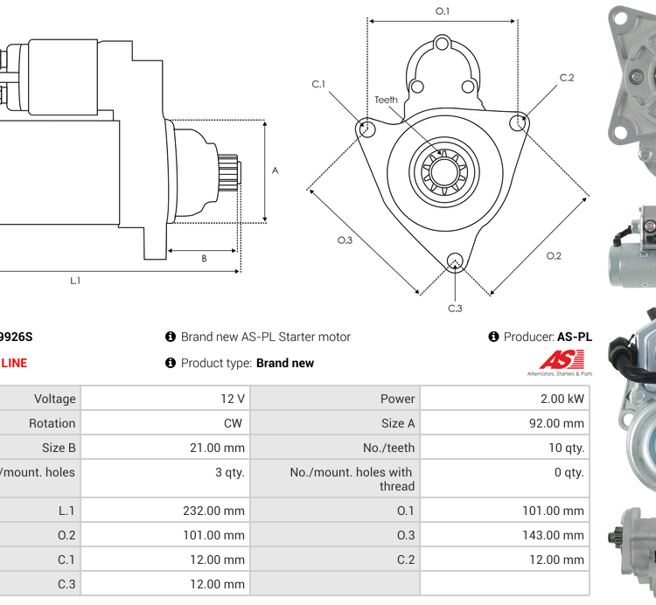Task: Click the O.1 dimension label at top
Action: (x=443, y=11)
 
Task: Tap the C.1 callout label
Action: (x=318, y=84)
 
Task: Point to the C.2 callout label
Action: (x=567, y=78)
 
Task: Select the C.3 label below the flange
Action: (x=455, y=308)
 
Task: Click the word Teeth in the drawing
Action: (x=386, y=100)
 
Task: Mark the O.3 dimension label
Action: (x=345, y=240)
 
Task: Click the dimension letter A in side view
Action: (x=275, y=170)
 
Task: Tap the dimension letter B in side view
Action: (x=204, y=258)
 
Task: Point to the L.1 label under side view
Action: (x=75, y=281)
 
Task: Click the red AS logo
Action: (x=556, y=358)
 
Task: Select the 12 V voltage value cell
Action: (x=233, y=399)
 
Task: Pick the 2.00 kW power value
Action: (x=564, y=399)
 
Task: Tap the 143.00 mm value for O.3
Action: (x=552, y=535)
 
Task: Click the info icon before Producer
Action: (x=493, y=337)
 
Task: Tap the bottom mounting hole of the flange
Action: (x=454, y=260)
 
